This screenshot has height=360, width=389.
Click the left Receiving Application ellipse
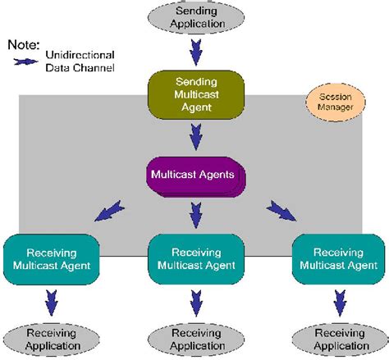tap(51, 339)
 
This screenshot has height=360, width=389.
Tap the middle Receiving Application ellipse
tap(194, 339)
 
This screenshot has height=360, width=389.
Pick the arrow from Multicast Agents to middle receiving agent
tap(194, 216)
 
